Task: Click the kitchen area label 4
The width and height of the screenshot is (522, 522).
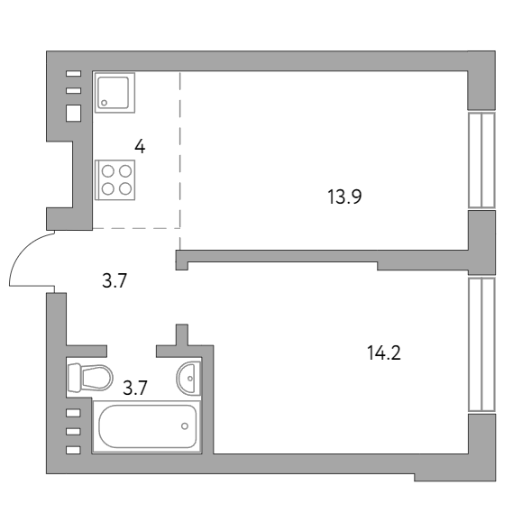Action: point(140,145)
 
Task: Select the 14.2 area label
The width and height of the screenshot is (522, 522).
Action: point(383,352)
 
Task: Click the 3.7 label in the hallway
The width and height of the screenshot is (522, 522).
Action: point(114,280)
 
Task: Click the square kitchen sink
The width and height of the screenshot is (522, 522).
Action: point(115,91)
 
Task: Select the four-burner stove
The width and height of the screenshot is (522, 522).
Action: point(115,179)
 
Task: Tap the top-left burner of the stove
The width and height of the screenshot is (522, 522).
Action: point(107,169)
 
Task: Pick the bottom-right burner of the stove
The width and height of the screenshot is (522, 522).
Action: point(124,188)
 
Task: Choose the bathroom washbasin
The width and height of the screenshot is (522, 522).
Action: point(188,378)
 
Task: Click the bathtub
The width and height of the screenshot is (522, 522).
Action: point(147,426)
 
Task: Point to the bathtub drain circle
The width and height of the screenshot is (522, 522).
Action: point(184,425)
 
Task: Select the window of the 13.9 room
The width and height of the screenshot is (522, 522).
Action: point(482,160)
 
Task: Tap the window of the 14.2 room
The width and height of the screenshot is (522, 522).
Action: point(482,343)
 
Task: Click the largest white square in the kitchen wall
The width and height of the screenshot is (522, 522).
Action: point(74,114)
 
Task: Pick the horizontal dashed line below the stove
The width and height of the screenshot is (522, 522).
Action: point(135,227)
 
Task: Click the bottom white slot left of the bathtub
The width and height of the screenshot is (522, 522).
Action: point(74,449)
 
